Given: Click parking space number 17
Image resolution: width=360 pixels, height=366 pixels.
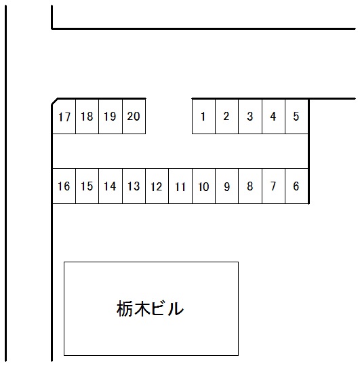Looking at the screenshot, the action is coord(64,117).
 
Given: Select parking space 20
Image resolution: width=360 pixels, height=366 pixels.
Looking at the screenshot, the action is coord(134,117).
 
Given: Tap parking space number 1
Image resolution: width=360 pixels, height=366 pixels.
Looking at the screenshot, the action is coord(203,117).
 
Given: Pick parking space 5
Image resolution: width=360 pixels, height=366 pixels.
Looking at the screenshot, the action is coord(297,117).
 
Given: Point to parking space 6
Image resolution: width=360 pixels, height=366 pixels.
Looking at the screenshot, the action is coord(297,186).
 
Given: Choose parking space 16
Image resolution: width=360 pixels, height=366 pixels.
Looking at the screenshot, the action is coord(64,186).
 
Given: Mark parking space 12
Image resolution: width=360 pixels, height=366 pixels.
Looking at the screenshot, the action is coord(157,186).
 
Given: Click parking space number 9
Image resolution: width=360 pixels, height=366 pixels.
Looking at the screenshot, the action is coord(226,186).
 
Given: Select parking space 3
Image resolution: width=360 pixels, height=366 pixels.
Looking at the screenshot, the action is coord(250,117).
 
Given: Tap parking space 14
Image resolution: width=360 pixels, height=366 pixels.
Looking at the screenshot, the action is coord(111,186).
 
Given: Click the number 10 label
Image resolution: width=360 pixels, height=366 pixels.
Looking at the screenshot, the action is coord(203,187).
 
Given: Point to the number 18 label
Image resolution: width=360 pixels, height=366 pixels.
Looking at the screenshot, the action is coord(87,117).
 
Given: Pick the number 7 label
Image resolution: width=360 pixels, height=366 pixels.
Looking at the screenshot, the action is coord(273,186).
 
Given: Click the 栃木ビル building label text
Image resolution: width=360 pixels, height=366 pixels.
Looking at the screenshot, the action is coord(150,308).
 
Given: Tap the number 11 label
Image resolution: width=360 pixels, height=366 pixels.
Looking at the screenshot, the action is coord(180,187).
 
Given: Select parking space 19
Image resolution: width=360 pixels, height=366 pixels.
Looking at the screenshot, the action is coord(111,117).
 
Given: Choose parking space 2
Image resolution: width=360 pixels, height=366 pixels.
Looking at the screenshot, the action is coord(226,117).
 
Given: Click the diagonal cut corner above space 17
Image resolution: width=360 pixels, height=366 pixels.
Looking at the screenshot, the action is coord(55,102).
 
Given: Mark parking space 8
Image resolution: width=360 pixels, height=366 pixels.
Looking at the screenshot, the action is coord(250,186).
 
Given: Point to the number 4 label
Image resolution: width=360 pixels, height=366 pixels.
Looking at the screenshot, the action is coord(273,117).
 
